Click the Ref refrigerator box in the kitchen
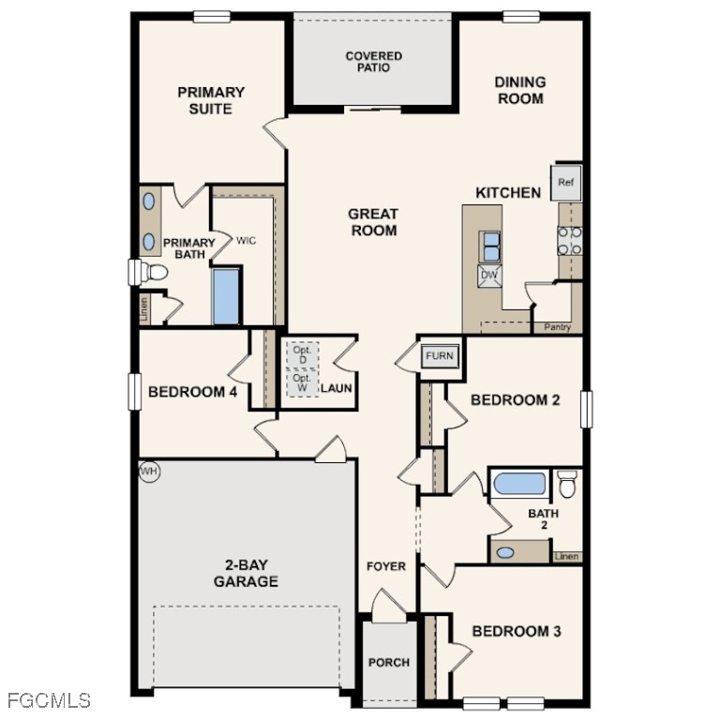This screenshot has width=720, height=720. click(565, 182)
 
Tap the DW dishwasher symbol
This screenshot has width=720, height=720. click(489, 274)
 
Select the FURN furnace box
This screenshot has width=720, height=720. click(439, 356)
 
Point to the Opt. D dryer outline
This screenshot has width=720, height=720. click(302, 355)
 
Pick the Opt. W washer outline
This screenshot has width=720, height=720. click(302, 382)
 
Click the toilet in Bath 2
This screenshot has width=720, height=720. click(566, 485)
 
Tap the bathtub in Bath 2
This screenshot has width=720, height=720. click(519, 485)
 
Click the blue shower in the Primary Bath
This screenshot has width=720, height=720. click(226, 296)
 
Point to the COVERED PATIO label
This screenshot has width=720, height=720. click(373, 62)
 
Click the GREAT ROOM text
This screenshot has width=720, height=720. click(374, 222)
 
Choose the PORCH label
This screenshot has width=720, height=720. click(388, 662)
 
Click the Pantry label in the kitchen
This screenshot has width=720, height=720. click(558, 327)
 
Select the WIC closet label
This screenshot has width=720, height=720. click(246, 241)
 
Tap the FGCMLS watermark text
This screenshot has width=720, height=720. click(49, 700)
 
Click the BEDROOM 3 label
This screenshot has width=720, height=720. click(516, 631)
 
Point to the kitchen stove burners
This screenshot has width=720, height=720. click(570, 241)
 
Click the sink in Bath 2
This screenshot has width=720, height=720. click(506, 552)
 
